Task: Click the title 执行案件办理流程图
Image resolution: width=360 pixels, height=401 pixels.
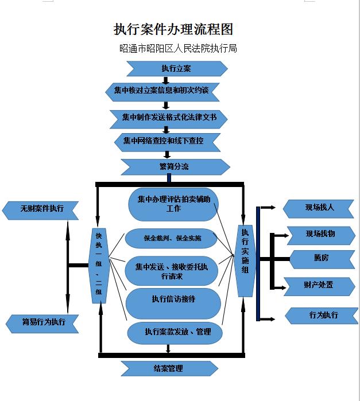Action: (173, 30)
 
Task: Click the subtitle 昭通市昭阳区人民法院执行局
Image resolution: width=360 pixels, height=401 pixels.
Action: (178, 49)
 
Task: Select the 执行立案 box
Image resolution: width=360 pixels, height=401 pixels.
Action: (176, 69)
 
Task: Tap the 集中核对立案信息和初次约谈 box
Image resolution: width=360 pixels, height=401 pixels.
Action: (165, 91)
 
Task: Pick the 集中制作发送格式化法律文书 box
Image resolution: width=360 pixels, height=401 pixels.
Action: (169, 118)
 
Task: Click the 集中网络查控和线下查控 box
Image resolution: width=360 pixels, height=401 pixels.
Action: (167, 141)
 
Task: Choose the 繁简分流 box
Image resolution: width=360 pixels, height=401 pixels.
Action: (175, 167)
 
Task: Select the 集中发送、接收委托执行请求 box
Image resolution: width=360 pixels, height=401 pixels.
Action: (172, 271)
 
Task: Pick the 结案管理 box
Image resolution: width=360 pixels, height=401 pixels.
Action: (169, 368)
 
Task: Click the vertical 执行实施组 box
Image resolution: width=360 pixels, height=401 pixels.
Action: (245, 260)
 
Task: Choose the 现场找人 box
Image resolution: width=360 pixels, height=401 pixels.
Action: (319, 208)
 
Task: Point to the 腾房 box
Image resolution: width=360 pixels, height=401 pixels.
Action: (321, 258)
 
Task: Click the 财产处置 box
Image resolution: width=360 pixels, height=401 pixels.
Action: (319, 285)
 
